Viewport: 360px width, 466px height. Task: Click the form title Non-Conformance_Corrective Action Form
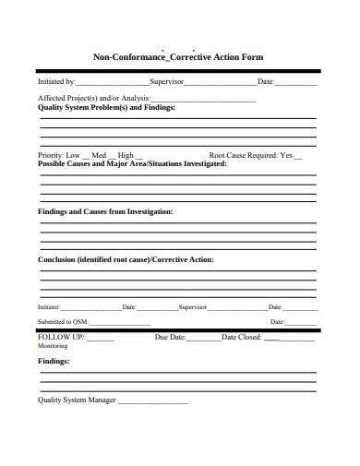tap(178, 57)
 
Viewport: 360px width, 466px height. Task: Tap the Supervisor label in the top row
tap(167, 82)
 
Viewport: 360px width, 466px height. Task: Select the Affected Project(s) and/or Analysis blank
tap(213, 100)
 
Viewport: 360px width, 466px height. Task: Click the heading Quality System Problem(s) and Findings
tap(106, 107)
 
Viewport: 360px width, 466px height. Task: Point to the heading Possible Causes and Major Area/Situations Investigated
tap(132, 163)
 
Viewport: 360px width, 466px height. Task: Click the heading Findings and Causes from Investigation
tap(105, 211)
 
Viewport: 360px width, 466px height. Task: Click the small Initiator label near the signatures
tap(49, 306)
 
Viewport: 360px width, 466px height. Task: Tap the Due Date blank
tap(204, 340)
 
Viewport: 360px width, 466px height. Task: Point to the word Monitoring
tap(53, 346)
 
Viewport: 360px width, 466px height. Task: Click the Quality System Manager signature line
tap(152, 402)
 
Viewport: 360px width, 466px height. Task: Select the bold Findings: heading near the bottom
tap(54, 362)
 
